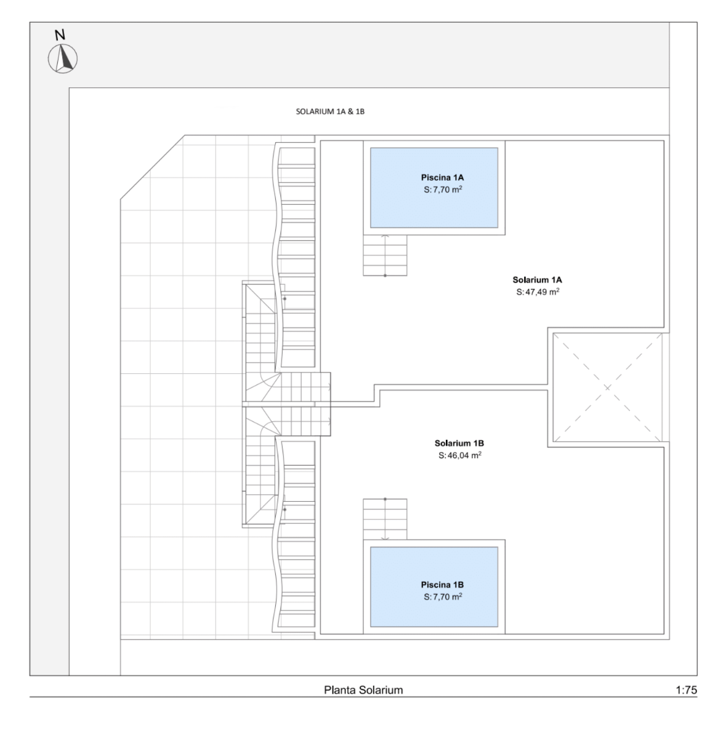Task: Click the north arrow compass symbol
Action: [x=63, y=58]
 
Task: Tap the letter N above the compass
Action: [x=60, y=35]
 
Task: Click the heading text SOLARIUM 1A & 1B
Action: [x=330, y=111]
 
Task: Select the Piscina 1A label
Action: [x=442, y=178]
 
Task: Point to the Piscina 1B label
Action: [x=442, y=585]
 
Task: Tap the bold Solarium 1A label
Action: [x=537, y=280]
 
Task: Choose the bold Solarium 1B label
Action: [x=459, y=443]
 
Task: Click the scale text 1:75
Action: [x=686, y=690]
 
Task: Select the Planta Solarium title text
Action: [x=363, y=690]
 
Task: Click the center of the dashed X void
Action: [x=607, y=387]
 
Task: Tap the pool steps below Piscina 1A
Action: [x=385, y=255]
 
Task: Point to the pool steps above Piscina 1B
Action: [x=385, y=519]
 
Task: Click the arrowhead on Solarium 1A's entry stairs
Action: [x=329, y=387]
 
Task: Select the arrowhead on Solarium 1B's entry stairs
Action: [x=329, y=421]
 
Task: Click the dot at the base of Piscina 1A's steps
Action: [x=385, y=276]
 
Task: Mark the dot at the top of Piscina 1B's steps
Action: [x=385, y=499]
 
